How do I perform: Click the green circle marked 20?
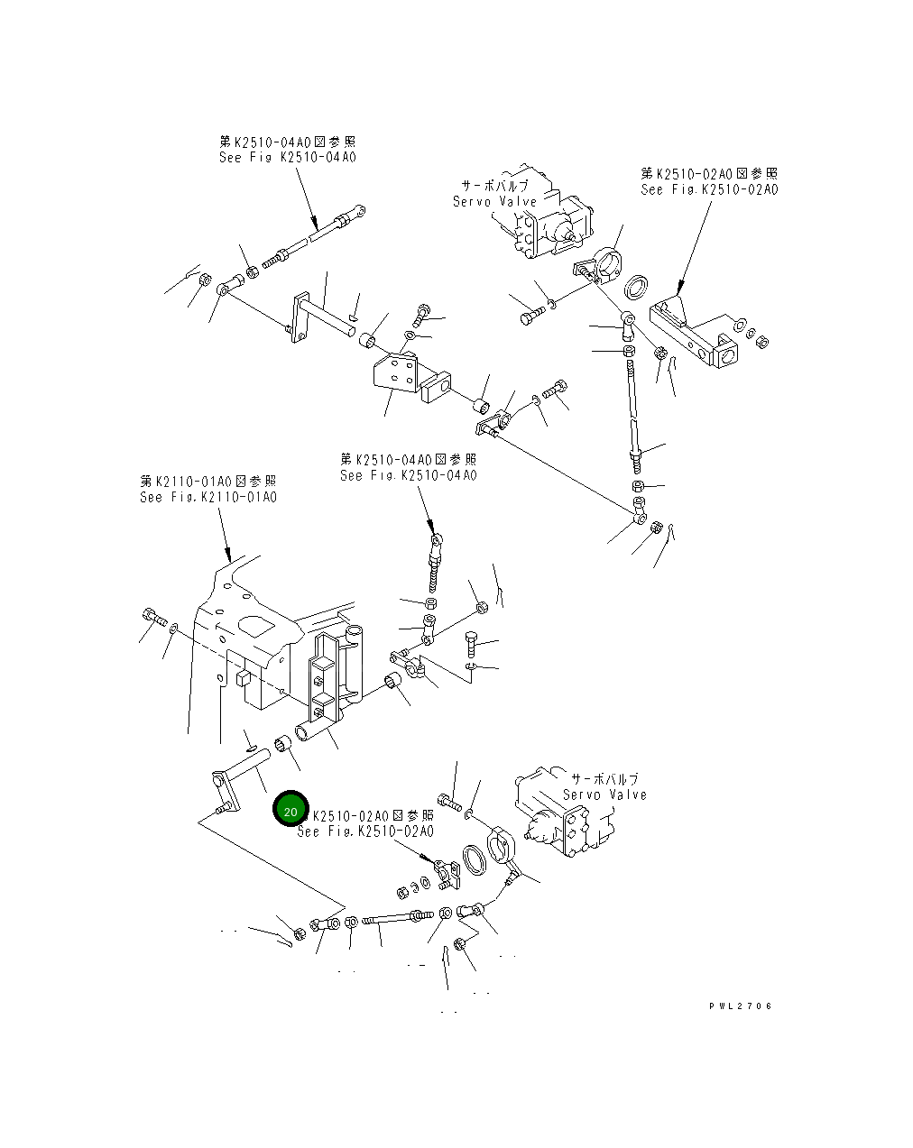point(290,811)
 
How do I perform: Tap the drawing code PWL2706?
point(740,1006)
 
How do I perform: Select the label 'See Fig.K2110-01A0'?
point(207,497)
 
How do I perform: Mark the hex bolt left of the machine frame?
point(152,618)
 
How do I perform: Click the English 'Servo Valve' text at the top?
point(494,202)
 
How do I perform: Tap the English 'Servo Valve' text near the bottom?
point(604,794)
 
